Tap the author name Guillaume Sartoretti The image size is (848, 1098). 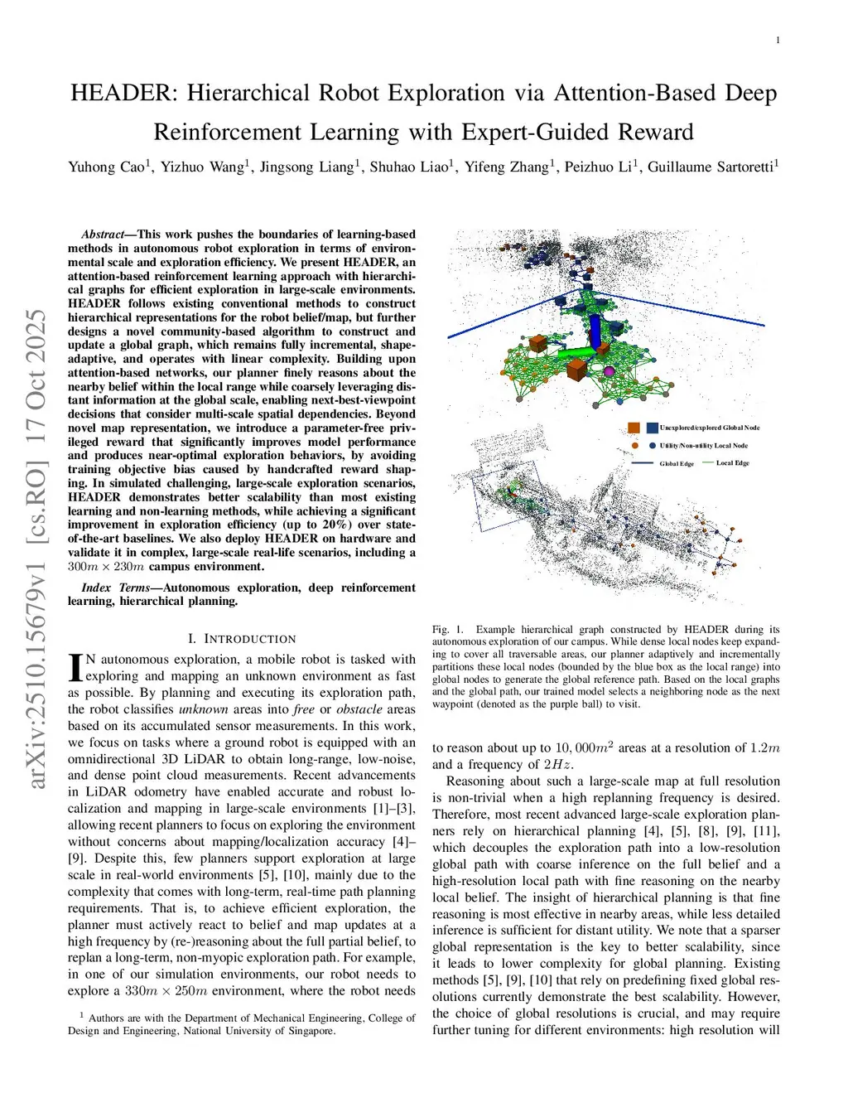[711, 167]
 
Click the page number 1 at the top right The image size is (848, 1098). [778, 41]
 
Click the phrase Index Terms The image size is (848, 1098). [115, 588]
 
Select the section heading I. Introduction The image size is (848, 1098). [242, 639]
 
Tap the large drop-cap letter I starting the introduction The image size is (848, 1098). [75, 667]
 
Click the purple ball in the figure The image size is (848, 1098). [609, 371]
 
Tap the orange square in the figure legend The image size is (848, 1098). [634, 428]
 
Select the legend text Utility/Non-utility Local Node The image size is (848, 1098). [703, 446]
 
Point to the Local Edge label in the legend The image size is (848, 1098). [732, 463]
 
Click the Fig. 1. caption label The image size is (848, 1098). [448, 630]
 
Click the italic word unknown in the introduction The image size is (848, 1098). [203, 709]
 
